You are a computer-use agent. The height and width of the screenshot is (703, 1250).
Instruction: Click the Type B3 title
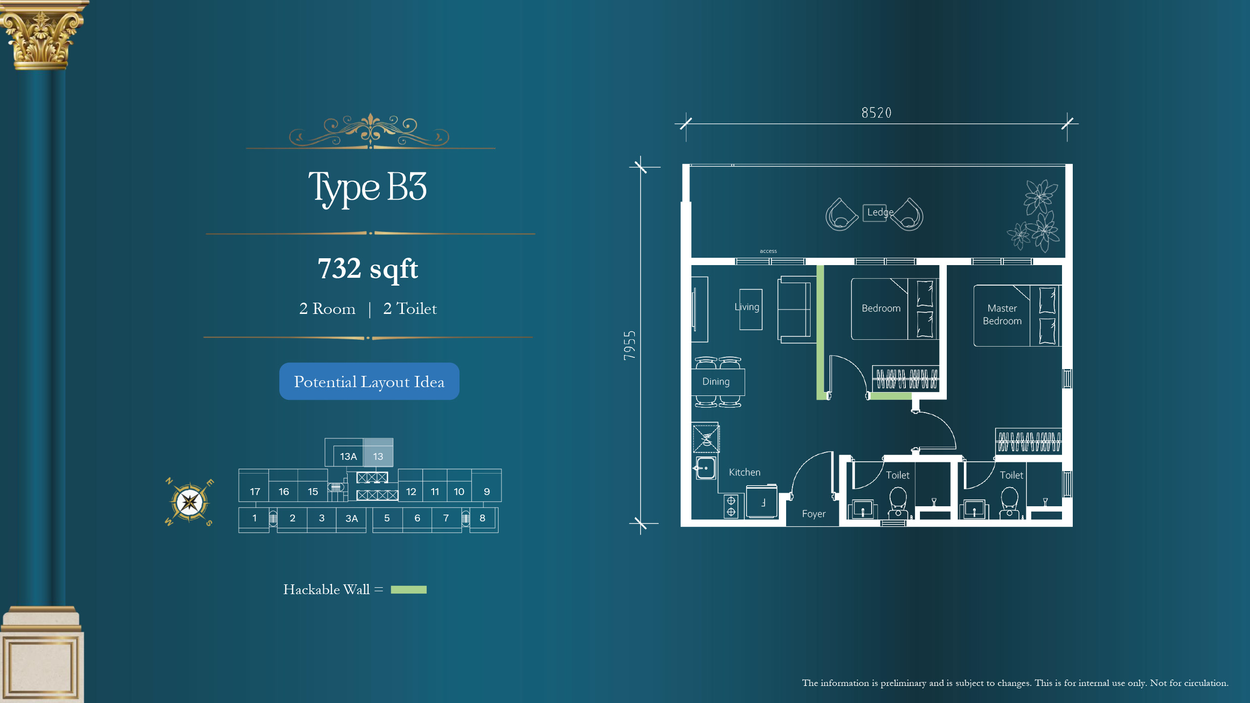[x=368, y=188]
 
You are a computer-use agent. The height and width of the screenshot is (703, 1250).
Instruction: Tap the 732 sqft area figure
[x=368, y=269]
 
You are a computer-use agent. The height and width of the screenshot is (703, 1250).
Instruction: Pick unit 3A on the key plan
[x=352, y=518]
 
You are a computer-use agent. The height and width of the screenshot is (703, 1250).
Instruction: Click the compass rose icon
[x=189, y=501]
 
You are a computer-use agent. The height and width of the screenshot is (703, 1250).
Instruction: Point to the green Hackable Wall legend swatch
[x=409, y=590]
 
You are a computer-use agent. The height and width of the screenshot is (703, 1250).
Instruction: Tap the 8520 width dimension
[x=876, y=113]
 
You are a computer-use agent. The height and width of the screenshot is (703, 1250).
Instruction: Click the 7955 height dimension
[x=630, y=346]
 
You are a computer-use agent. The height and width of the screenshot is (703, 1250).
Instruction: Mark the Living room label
[x=747, y=307]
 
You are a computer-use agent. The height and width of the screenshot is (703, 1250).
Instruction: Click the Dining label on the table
[x=716, y=382]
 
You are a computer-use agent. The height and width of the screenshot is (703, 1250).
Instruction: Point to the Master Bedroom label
[x=1002, y=315]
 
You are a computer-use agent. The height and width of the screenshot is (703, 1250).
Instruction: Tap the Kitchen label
[x=745, y=473]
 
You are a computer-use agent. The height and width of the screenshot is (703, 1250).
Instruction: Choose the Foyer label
[x=813, y=514]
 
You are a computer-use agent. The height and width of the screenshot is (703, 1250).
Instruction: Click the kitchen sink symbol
[x=705, y=468]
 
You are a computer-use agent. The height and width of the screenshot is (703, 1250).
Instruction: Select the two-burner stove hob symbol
[x=731, y=506]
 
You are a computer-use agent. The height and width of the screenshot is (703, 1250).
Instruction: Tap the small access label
[x=768, y=251]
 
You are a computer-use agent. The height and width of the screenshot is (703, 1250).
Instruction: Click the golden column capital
[x=42, y=34]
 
